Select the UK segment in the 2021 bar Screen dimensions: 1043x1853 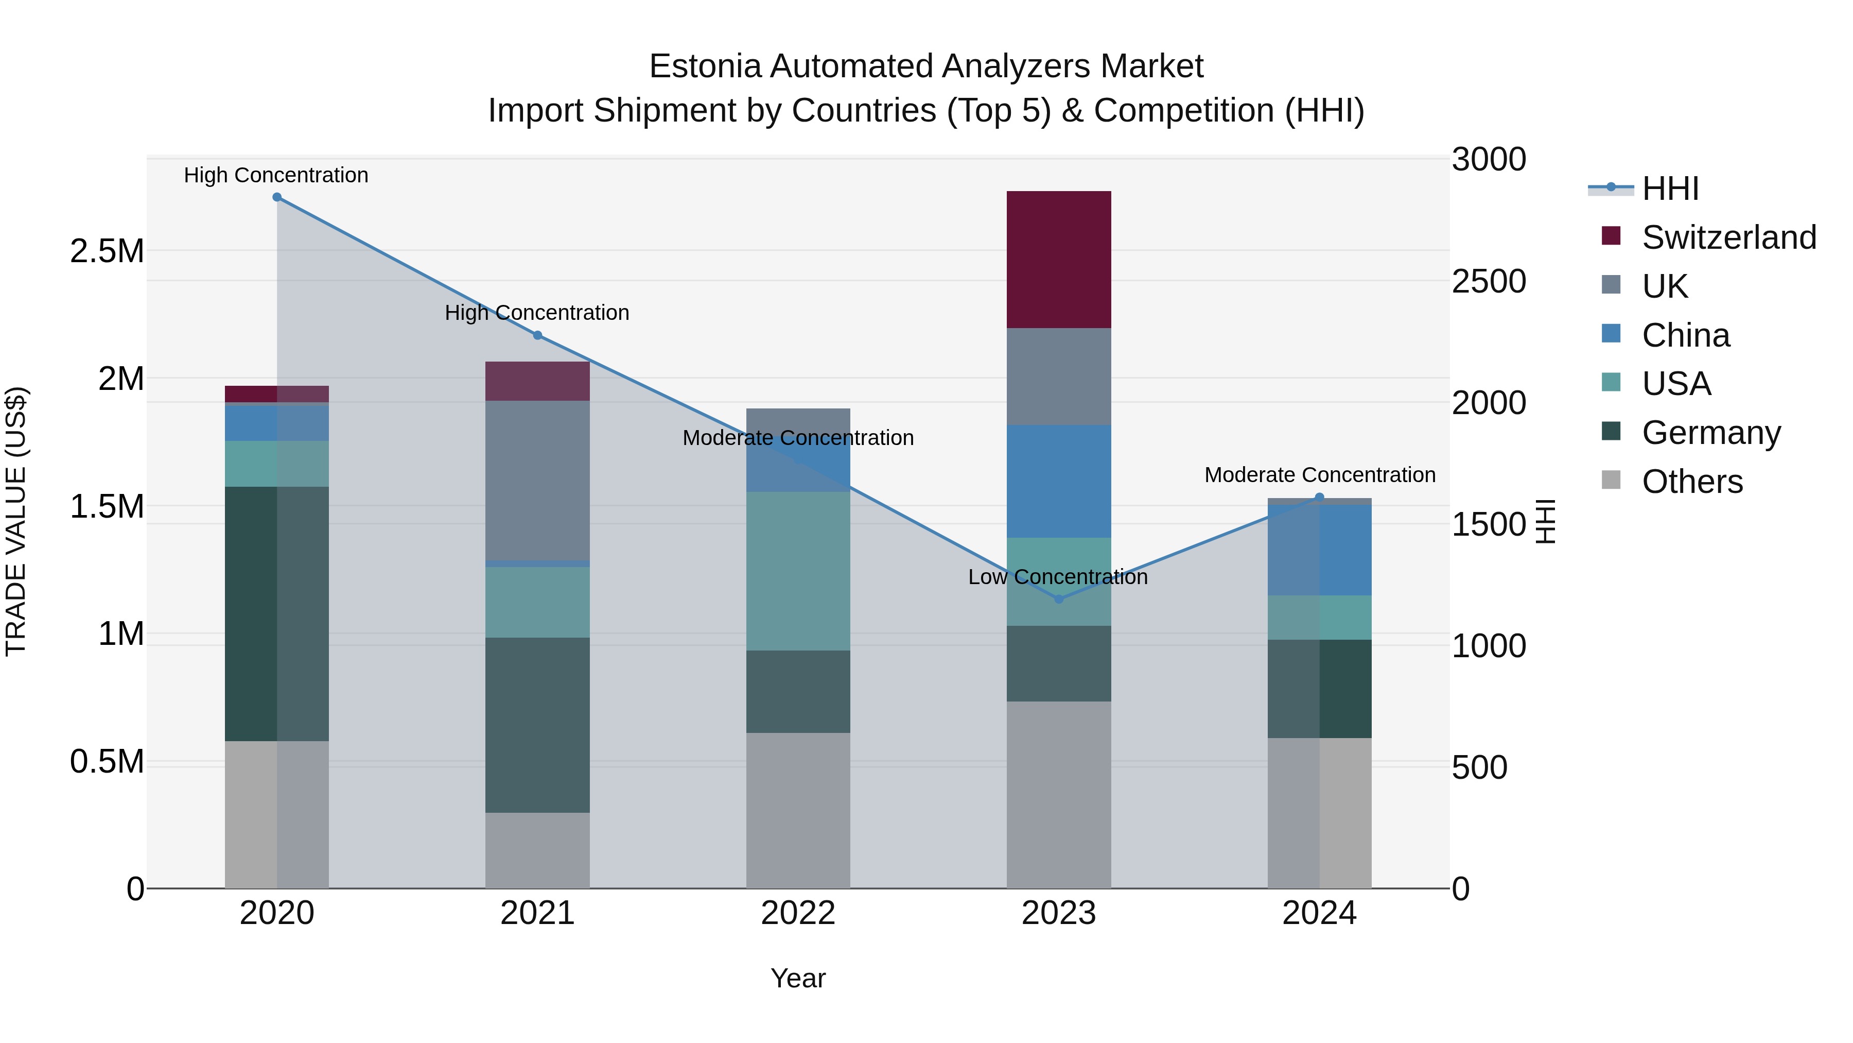click(537, 480)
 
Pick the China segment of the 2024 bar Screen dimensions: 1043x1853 click(1319, 550)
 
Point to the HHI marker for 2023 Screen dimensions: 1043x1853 click(1058, 599)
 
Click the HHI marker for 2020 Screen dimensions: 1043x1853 click(277, 197)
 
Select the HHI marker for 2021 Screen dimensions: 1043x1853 click(537, 335)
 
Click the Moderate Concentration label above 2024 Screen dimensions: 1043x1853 click(1319, 475)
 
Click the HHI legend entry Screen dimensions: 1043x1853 click(1670, 189)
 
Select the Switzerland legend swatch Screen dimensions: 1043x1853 click(1611, 236)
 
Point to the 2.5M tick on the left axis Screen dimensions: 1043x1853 click(107, 251)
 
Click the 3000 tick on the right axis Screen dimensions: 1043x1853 click(1488, 159)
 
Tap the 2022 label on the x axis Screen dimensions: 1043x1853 click(798, 913)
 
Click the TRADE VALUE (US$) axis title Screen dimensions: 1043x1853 click(16, 521)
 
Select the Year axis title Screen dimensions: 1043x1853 click(798, 978)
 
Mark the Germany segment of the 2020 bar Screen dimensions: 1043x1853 click(277, 613)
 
